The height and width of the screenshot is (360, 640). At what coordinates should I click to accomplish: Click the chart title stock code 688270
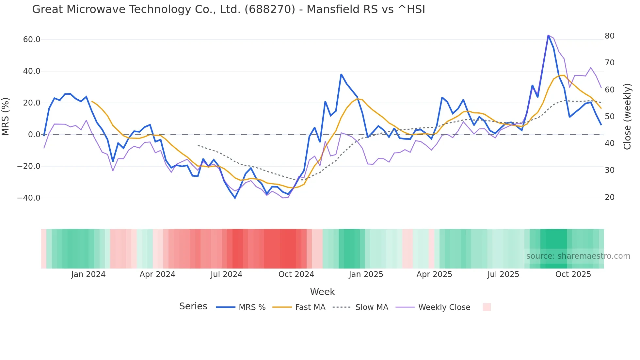(x=270, y=9)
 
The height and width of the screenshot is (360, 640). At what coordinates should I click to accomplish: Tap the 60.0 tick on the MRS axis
(x=32, y=40)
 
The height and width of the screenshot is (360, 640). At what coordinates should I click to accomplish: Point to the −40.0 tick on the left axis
(x=29, y=198)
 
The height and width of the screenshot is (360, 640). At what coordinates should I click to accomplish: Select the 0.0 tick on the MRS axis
(x=34, y=135)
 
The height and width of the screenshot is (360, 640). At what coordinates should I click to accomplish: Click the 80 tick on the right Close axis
(x=610, y=36)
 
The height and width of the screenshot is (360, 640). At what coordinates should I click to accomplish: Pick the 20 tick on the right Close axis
(x=610, y=197)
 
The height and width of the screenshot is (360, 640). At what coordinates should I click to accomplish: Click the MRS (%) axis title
(x=6, y=117)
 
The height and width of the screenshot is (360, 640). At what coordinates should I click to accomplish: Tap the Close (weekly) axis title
(x=627, y=117)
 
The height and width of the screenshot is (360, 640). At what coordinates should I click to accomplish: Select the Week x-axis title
(x=322, y=292)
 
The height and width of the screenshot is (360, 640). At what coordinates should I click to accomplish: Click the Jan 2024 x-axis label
(x=88, y=274)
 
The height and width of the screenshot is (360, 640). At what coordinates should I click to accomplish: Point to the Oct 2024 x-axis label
(x=296, y=274)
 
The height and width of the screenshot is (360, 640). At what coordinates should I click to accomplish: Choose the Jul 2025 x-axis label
(x=503, y=274)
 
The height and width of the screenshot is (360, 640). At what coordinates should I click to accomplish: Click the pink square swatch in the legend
(x=487, y=307)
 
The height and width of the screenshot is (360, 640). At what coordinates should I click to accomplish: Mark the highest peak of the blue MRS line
(x=548, y=35)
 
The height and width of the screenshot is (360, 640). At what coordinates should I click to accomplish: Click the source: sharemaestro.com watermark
(x=578, y=256)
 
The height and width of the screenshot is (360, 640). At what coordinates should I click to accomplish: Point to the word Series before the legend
(x=193, y=306)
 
